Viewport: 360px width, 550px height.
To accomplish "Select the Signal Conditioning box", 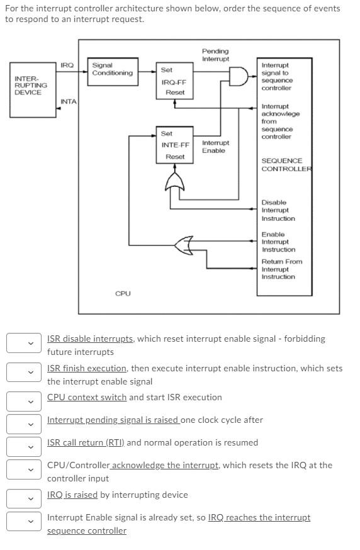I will pos(112,69).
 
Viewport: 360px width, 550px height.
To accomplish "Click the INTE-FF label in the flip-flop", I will pos(175,145).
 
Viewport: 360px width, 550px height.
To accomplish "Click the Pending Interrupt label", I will pos(215,55).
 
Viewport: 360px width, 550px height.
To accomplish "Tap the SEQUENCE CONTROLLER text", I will pos(284,165).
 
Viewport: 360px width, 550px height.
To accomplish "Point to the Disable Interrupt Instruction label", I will pos(278,210).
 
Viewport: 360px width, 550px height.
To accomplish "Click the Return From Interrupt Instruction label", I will pos(281,269).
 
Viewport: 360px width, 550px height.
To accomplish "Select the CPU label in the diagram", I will pos(123,293).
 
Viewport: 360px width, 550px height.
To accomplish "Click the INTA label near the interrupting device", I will pos(68,101).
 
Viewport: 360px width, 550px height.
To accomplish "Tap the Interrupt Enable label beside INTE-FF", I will pos(215,147).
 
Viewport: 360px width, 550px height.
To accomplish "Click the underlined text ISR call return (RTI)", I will pos(86,442).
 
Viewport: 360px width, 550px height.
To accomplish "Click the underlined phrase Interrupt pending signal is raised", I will pos(113,420).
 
